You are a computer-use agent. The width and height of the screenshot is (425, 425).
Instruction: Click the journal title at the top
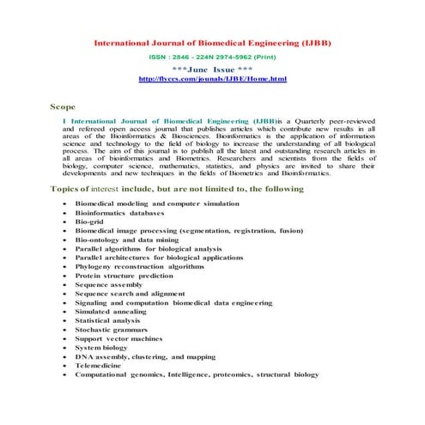211,41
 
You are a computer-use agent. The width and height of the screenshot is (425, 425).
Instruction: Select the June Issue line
212,69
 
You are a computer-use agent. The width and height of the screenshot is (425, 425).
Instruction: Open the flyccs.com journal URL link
212,78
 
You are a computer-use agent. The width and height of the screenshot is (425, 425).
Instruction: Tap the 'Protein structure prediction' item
124,276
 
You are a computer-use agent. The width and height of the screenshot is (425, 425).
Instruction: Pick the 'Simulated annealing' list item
111,312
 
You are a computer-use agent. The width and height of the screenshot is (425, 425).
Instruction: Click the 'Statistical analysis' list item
109,320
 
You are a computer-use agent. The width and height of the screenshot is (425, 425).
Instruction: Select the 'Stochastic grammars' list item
111,330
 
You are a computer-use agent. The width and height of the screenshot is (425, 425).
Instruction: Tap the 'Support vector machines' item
118,338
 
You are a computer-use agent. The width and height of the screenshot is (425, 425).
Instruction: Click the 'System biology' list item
100,348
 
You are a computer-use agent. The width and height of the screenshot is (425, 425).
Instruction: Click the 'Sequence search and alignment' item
131,294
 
